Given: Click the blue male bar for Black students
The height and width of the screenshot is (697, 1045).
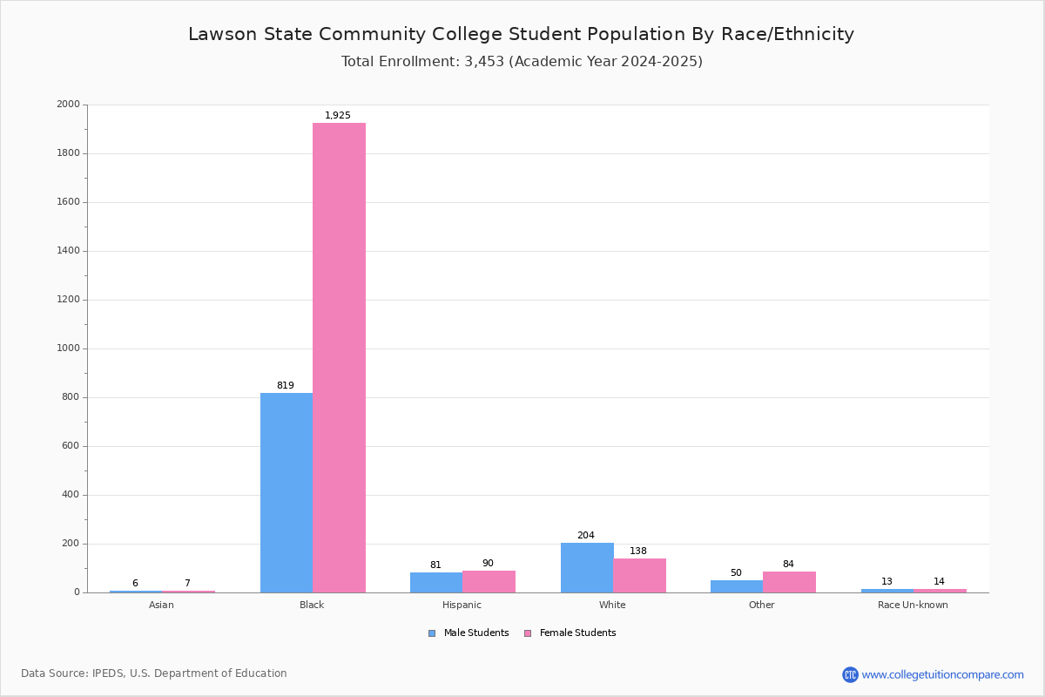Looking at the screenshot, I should coord(287,492).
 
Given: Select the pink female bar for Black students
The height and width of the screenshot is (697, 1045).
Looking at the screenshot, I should coord(339,357).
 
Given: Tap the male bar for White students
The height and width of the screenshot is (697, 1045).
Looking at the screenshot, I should coord(587,567).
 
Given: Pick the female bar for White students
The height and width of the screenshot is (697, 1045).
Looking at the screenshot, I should coord(639,575).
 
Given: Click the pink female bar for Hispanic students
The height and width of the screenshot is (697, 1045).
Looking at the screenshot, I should coord(489,581).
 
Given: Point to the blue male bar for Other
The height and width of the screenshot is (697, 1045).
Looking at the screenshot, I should coord(737,586).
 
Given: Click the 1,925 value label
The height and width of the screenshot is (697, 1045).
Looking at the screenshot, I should coord(338,116).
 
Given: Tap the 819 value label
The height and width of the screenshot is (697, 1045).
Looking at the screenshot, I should coord(286,386).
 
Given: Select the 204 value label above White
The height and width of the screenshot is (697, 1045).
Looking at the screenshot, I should coord(585,536).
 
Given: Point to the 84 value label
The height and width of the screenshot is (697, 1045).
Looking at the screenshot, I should coord(788,565).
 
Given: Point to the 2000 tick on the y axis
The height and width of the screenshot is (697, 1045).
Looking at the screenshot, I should coord(68,105).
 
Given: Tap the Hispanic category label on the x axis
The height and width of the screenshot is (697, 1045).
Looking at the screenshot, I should coord(462,605).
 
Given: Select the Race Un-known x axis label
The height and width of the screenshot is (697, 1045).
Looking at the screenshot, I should coord(913,605).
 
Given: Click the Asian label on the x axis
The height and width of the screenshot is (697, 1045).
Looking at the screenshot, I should coord(161,605).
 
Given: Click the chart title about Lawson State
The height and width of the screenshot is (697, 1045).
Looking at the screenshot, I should coord(521,35).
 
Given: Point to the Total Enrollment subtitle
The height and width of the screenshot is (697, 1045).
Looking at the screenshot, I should coord(522,62).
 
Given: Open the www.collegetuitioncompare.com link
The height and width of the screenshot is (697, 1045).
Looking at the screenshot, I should coord(942,674).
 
